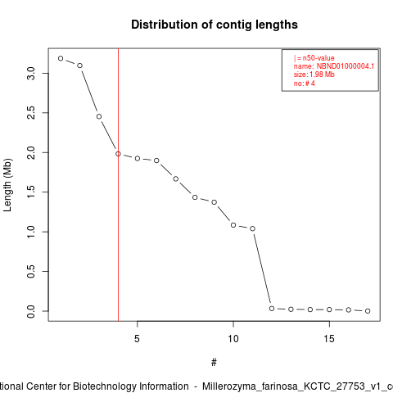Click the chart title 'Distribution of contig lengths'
click(215, 25)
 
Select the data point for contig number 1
click(61, 58)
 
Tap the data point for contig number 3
click(99, 116)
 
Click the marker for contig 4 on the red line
click(118, 154)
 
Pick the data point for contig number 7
click(176, 178)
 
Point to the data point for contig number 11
click(252, 228)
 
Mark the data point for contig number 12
click(272, 309)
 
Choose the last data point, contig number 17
click(368, 311)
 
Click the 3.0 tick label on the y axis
click(31, 73)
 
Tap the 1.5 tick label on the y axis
click(31, 192)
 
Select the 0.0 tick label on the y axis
click(31, 311)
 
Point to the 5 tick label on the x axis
click(137, 339)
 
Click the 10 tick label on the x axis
click(233, 339)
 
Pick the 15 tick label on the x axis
click(329, 339)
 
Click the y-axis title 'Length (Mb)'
click(7, 185)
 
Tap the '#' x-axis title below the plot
click(214, 363)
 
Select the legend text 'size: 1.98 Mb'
click(314, 75)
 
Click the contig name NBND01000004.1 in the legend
click(346, 66)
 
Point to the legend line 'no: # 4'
click(305, 84)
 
